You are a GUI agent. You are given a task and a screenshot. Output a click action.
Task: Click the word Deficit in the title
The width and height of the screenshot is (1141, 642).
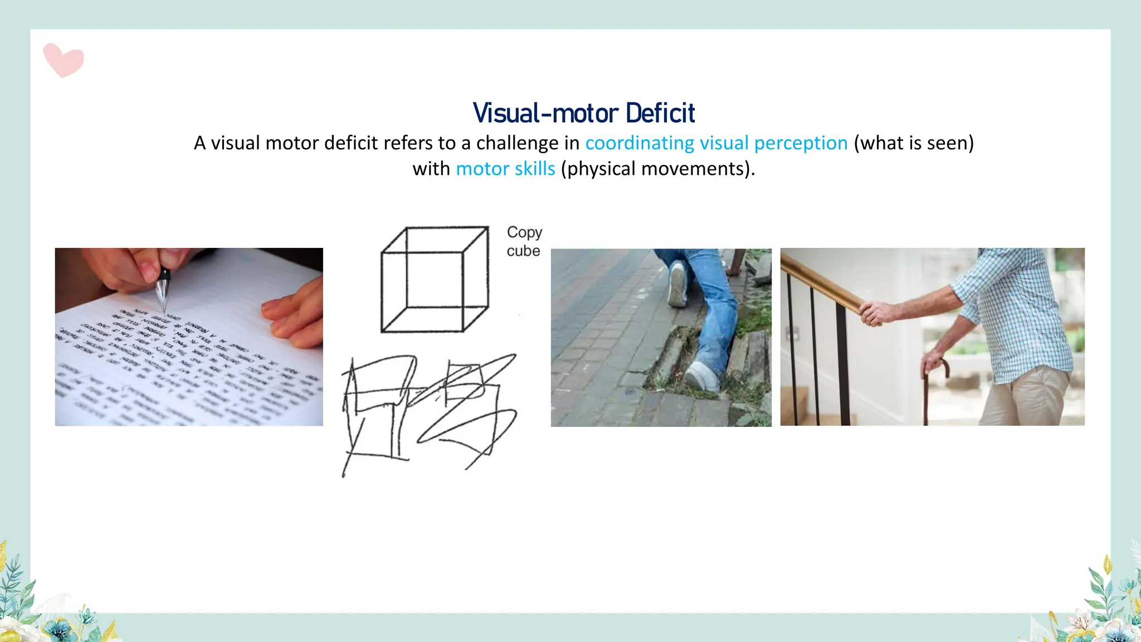point(660,113)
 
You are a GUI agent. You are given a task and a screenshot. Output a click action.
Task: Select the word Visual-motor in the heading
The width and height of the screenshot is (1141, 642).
point(545,113)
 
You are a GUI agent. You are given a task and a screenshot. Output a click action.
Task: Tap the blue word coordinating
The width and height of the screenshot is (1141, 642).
point(640,143)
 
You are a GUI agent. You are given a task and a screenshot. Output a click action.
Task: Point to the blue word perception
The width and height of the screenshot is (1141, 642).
point(801,143)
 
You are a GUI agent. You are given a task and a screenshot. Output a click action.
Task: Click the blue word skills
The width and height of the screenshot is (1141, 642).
point(535,169)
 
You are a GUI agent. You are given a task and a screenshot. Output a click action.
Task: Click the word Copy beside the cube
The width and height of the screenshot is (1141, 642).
point(524,232)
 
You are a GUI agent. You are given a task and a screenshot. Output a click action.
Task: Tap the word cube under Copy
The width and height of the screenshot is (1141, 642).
point(523,251)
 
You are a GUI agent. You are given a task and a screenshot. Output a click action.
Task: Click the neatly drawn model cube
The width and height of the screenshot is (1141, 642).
point(435,279)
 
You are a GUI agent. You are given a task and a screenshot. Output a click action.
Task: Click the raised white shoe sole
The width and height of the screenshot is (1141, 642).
point(677,285)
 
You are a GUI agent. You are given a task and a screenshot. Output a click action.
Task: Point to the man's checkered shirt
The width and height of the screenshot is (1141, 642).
point(1014,312)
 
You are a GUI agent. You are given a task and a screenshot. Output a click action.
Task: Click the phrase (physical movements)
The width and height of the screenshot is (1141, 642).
point(658,169)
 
